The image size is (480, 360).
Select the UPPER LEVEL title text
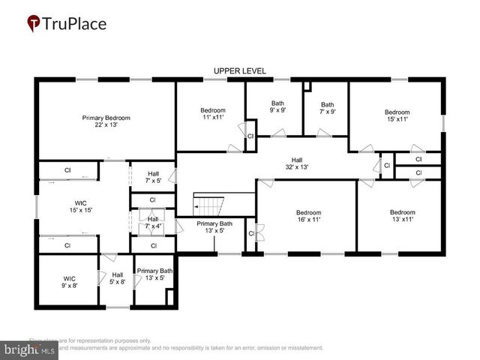240,71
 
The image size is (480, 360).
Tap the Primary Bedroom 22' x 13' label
106,121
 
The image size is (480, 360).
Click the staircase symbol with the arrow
210,203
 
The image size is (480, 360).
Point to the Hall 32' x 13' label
296,163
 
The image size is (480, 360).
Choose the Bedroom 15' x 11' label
397,116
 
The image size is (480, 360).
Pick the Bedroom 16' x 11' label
307,216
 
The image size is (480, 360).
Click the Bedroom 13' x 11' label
402,216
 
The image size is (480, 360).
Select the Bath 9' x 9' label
277,107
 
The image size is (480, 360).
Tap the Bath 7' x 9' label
327,109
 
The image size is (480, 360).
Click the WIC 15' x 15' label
80,207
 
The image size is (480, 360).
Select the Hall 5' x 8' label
117,278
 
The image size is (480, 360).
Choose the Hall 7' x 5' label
153,177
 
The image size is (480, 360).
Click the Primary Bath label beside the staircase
214,227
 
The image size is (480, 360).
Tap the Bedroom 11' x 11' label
214,114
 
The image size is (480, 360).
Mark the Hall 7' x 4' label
152,223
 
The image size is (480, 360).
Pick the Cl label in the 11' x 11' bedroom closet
250,136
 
